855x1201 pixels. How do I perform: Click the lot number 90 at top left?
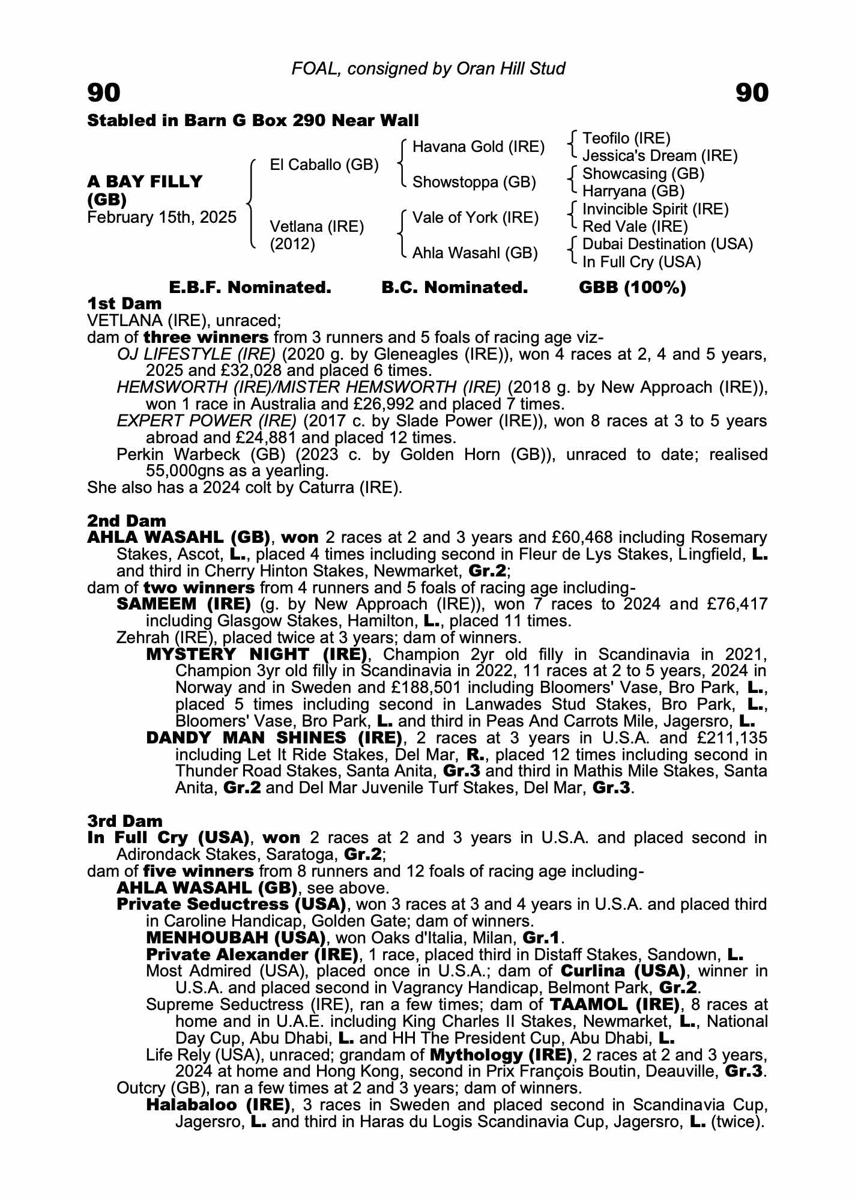104,93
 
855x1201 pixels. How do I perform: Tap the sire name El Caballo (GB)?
324,165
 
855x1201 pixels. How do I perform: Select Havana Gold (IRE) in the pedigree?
479,147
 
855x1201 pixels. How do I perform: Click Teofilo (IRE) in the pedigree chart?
626,139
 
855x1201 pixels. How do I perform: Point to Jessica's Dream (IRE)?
660,156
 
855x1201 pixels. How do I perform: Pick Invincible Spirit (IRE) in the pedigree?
656,209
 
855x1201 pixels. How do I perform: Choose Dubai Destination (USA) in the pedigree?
668,244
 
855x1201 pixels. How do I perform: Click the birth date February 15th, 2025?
162,217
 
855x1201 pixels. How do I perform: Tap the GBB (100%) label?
632,288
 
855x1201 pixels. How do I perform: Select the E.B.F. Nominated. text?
250,288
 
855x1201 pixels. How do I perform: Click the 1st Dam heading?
124,303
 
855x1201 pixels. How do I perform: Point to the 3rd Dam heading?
125,820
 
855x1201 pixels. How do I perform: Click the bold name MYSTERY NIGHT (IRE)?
257,654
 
